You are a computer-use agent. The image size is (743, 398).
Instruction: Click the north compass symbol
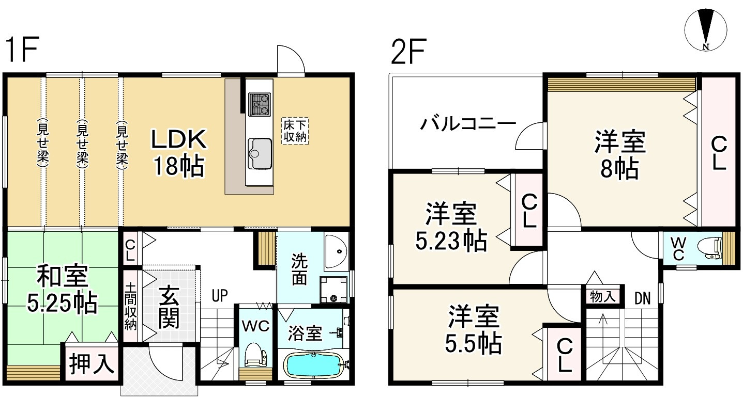point(705,30)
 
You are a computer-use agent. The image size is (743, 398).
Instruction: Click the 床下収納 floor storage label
point(295,131)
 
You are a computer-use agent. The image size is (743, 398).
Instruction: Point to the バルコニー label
point(467,124)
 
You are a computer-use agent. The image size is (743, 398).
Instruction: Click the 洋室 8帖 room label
point(620,154)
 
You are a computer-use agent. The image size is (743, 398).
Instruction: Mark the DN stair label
point(643,298)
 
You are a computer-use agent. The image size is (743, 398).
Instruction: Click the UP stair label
point(220,296)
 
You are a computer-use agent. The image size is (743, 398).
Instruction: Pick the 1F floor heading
point(22,51)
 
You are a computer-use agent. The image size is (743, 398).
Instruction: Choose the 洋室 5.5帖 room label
point(474,329)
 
